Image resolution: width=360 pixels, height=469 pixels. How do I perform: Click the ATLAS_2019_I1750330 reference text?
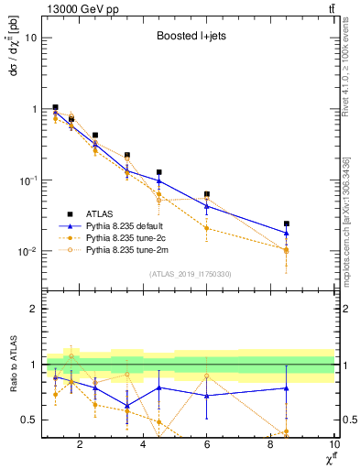coord(190,273)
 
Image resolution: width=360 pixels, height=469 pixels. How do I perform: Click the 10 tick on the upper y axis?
coord(31,38)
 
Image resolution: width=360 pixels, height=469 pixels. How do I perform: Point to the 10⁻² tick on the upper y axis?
coord(27,252)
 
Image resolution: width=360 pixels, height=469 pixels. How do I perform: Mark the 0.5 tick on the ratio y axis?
coord(29,420)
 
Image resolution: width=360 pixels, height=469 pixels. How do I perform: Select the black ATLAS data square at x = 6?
coord(207,194)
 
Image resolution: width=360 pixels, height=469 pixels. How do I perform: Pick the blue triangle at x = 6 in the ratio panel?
coord(207,396)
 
